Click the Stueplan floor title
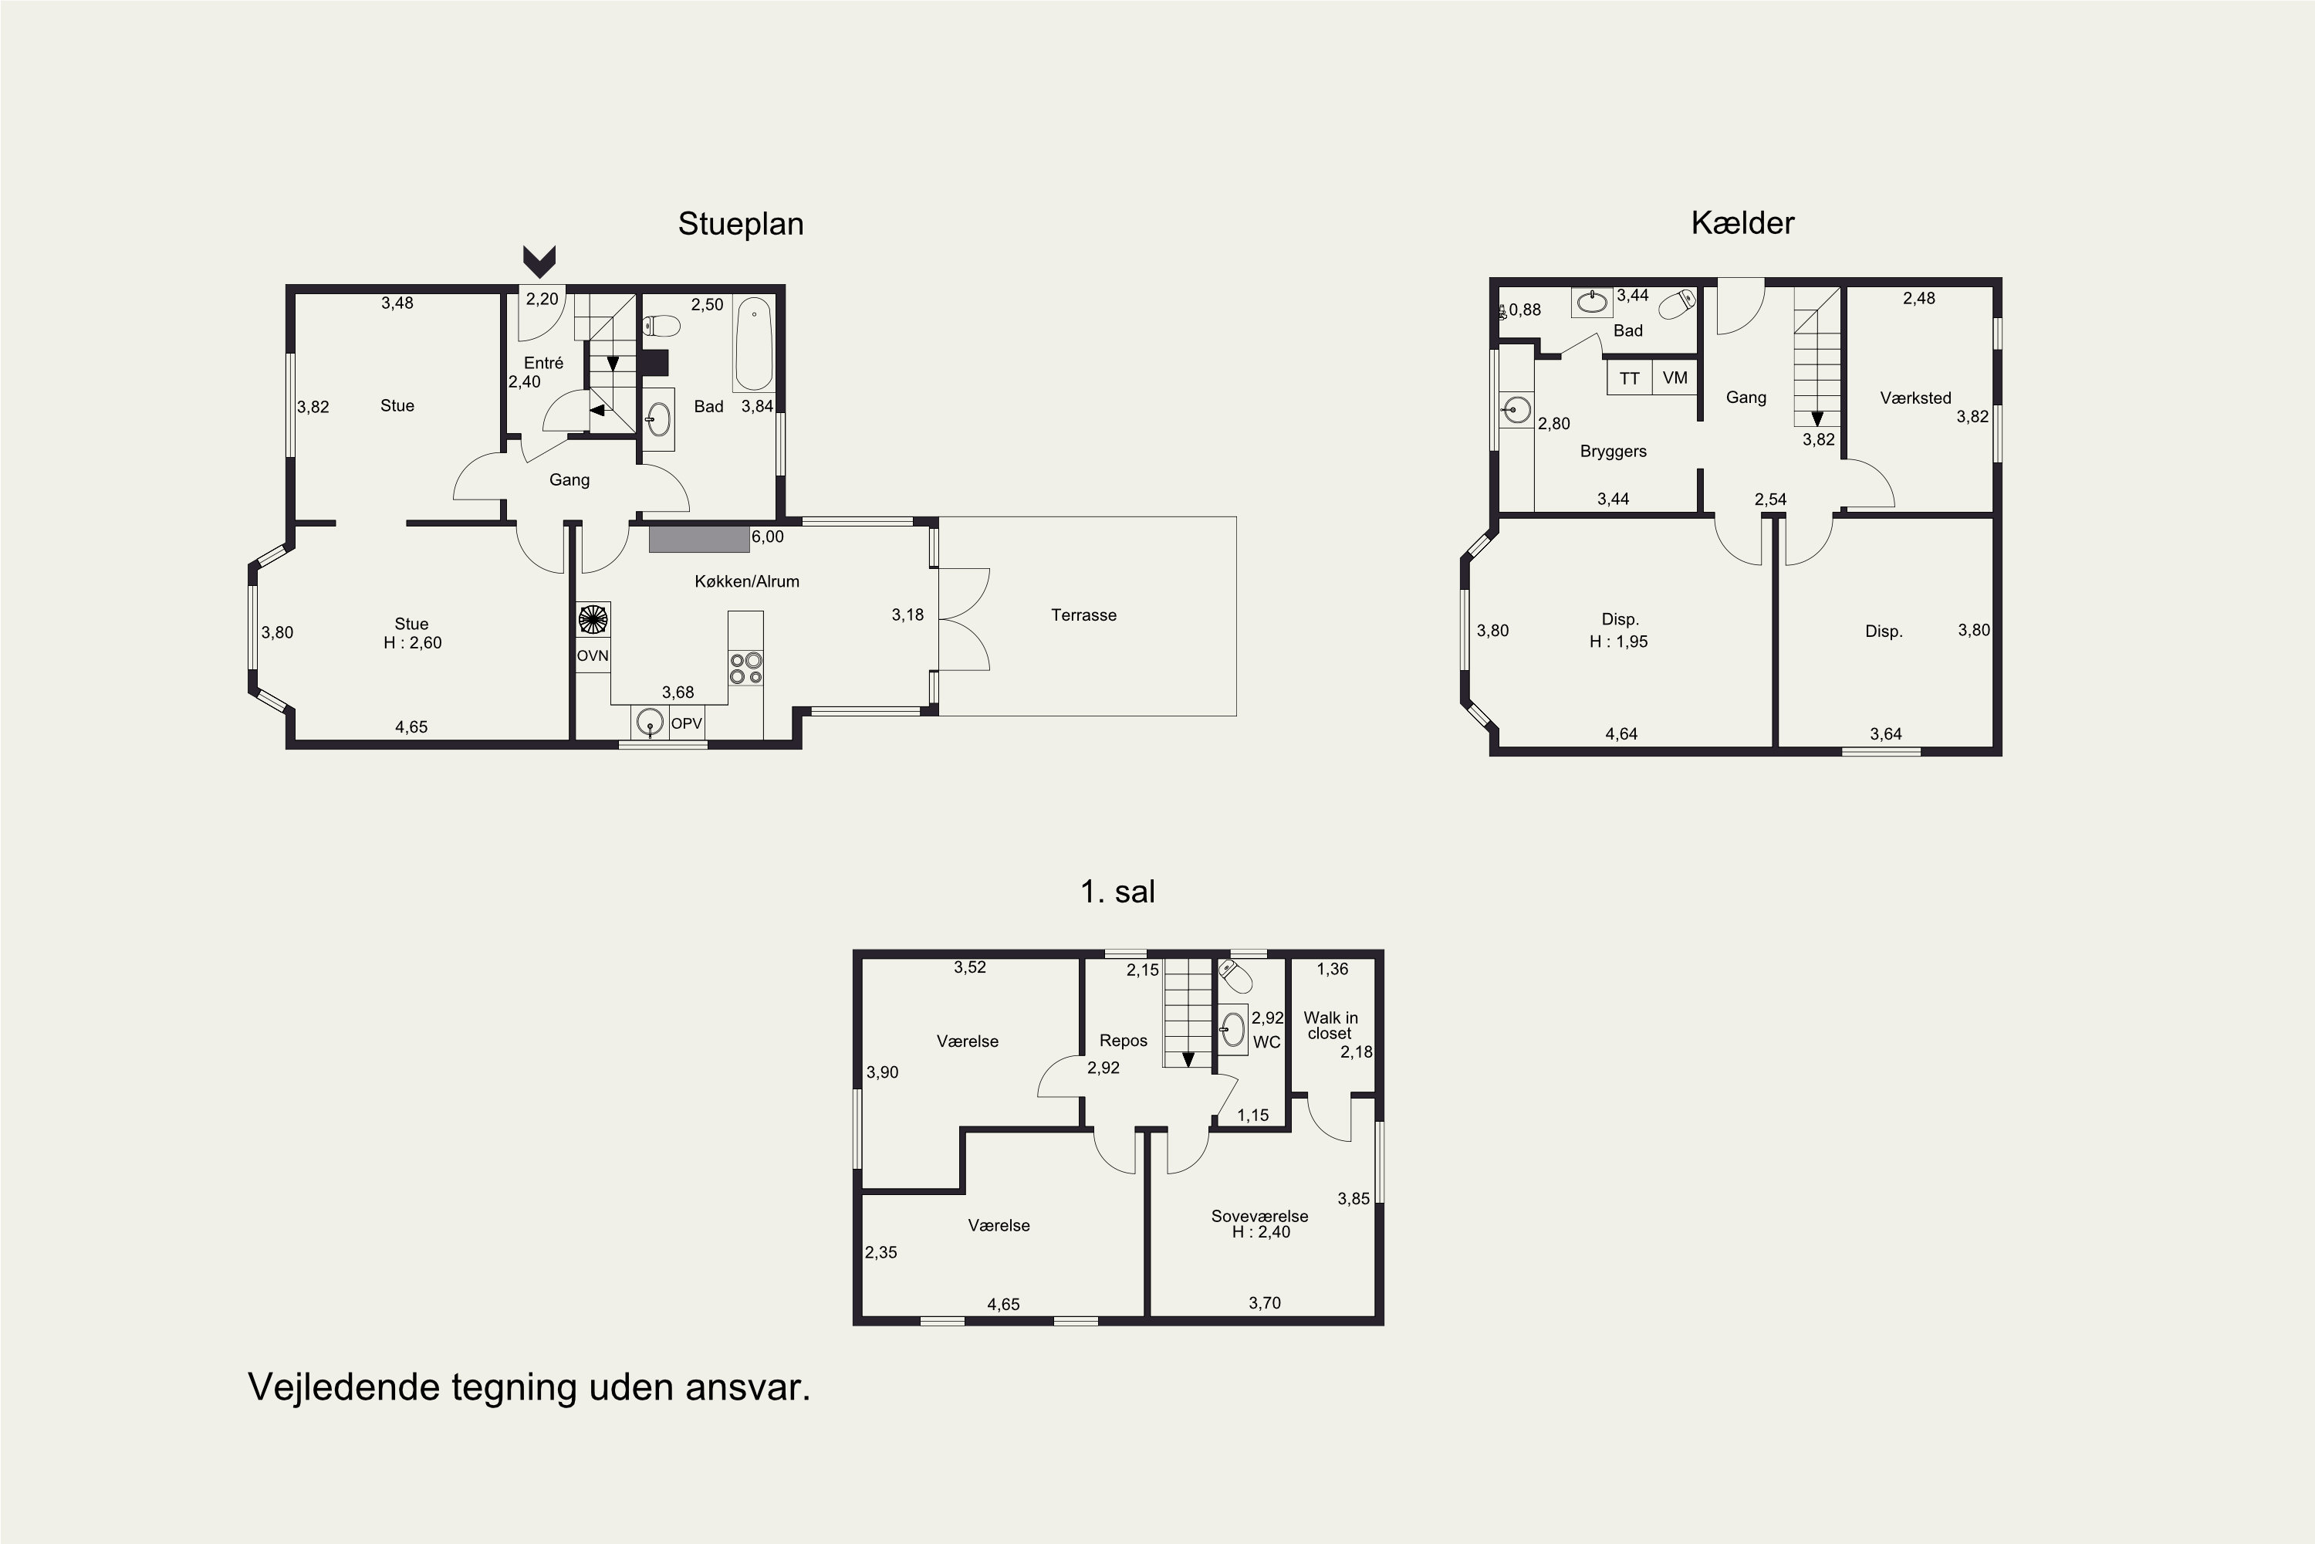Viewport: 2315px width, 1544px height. (740, 225)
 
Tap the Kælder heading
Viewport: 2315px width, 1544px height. (1742, 222)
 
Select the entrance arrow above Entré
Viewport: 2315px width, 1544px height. (539, 261)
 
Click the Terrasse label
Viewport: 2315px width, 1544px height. (1083, 615)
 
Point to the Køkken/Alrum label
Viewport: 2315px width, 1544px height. (747, 582)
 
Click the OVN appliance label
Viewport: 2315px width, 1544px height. (593, 655)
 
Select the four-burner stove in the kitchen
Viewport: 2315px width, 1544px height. (745, 668)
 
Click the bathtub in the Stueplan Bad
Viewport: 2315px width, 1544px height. (754, 344)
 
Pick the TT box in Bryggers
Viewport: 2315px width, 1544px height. (1630, 378)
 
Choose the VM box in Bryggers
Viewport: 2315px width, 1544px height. (1675, 378)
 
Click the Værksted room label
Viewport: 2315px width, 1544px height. (1915, 398)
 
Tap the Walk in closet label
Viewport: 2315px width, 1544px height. (1330, 1025)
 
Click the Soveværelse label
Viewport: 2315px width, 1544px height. (1260, 1216)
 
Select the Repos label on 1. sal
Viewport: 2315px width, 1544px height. (1123, 1041)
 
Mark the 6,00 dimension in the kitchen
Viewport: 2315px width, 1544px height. (768, 537)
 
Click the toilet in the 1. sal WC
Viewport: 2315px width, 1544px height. (1235, 977)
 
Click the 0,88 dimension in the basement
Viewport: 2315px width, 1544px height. (1525, 310)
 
